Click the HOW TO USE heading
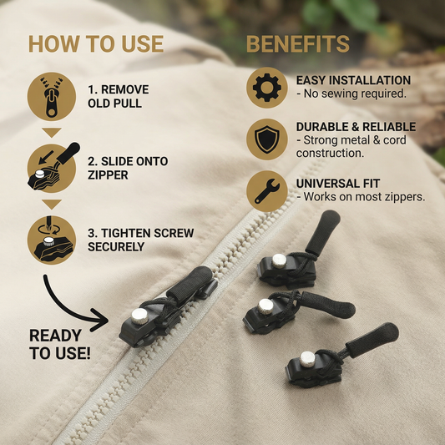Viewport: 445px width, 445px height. click(x=96, y=44)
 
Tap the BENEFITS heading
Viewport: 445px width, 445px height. click(x=298, y=44)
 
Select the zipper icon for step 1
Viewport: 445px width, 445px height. click(x=52, y=97)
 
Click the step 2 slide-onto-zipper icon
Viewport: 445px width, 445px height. click(x=53, y=168)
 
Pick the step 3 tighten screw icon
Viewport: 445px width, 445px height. click(x=52, y=240)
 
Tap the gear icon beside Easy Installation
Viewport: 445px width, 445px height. click(x=267, y=88)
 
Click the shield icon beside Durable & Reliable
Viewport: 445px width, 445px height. click(x=267, y=139)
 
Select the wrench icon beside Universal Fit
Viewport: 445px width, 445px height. click(x=267, y=191)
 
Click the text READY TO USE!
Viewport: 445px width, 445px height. click(x=60, y=344)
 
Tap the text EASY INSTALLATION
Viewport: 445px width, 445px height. click(x=353, y=80)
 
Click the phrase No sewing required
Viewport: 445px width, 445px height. click(x=355, y=94)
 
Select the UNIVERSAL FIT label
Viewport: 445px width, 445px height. click(x=338, y=184)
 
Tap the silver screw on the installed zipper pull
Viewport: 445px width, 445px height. click(x=139, y=316)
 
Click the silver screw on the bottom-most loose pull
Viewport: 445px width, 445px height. click(x=307, y=359)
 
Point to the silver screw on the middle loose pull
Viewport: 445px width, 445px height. click(x=265, y=306)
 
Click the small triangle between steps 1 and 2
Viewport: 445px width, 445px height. click(x=52, y=133)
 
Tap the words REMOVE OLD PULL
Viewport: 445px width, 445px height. click(x=119, y=97)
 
